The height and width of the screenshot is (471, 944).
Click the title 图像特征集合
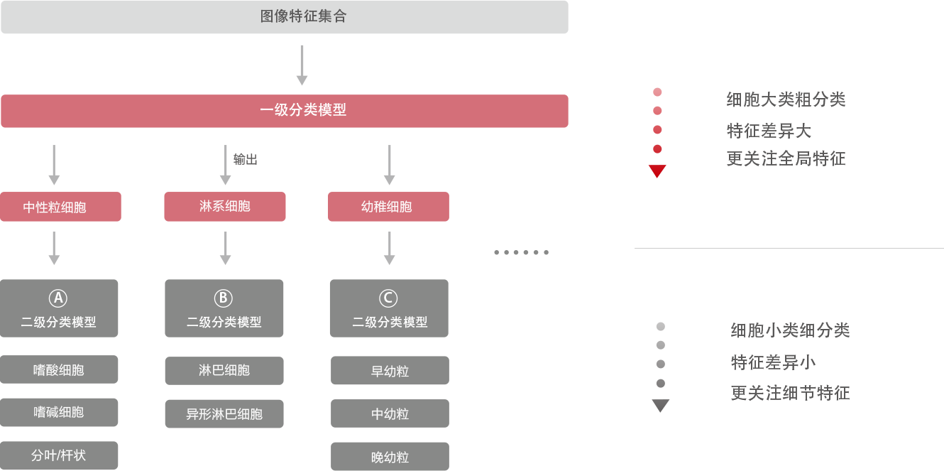pos(303,16)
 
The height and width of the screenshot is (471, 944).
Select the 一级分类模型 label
pos(303,110)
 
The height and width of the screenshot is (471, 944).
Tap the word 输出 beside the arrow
pos(246,160)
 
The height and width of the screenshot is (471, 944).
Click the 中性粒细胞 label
pos(55,207)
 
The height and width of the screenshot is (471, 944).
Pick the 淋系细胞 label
pos(225,207)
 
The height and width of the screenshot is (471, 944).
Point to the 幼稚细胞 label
pos(387,207)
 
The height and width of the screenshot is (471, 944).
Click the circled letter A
pos(58,298)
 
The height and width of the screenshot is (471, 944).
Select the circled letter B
pos(223,298)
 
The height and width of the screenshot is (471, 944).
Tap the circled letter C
pos(388,298)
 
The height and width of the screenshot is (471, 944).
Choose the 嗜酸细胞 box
pos(59,369)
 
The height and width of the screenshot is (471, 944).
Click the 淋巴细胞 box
pos(224,370)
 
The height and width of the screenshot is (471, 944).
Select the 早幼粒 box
pos(390,371)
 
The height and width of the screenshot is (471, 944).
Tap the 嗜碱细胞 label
pos(59,412)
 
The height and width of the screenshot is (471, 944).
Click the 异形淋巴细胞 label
pos(224,413)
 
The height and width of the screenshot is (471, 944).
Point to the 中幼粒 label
pos(390,413)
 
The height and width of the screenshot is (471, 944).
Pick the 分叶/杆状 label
pos(59,455)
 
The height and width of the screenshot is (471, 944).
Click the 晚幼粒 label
pos(390,457)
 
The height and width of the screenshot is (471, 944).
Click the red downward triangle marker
pos(657,170)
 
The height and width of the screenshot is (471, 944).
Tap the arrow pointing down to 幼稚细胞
pos(389,166)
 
